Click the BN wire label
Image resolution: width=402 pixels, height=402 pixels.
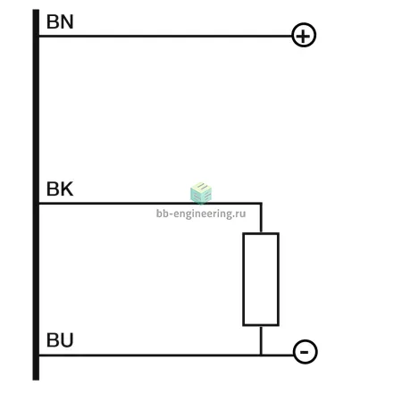pyautogui.click(x=60, y=21)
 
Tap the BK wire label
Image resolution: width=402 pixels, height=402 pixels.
pyautogui.click(x=60, y=188)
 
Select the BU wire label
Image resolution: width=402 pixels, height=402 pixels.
pyautogui.click(x=60, y=340)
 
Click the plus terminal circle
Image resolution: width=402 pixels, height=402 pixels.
pyautogui.click(x=304, y=23)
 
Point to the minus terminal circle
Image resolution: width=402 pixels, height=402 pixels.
pyautogui.click(x=306, y=340)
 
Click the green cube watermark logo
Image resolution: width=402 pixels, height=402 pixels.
pyautogui.click(x=201, y=193)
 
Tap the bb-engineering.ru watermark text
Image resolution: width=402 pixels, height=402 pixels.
pyautogui.click(x=201, y=214)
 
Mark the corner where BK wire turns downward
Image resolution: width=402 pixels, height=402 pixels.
pyautogui.click(x=261, y=204)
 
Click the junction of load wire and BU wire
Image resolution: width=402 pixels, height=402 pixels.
pyautogui.click(x=261, y=356)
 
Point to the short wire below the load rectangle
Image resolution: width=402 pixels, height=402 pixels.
pyautogui.click(x=261, y=340)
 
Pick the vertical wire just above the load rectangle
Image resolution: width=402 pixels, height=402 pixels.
pyautogui.click(x=261, y=218)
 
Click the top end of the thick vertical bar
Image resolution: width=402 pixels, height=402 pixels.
pyautogui.click(x=36, y=10)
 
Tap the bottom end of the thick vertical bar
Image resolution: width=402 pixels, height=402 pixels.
pyautogui.click(x=36, y=380)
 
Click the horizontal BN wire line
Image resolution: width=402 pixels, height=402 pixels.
pyautogui.click(x=165, y=36)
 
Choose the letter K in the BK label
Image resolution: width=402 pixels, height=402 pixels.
pyautogui.click(x=67, y=188)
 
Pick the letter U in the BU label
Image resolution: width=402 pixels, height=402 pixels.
pyautogui.click(x=67, y=340)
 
